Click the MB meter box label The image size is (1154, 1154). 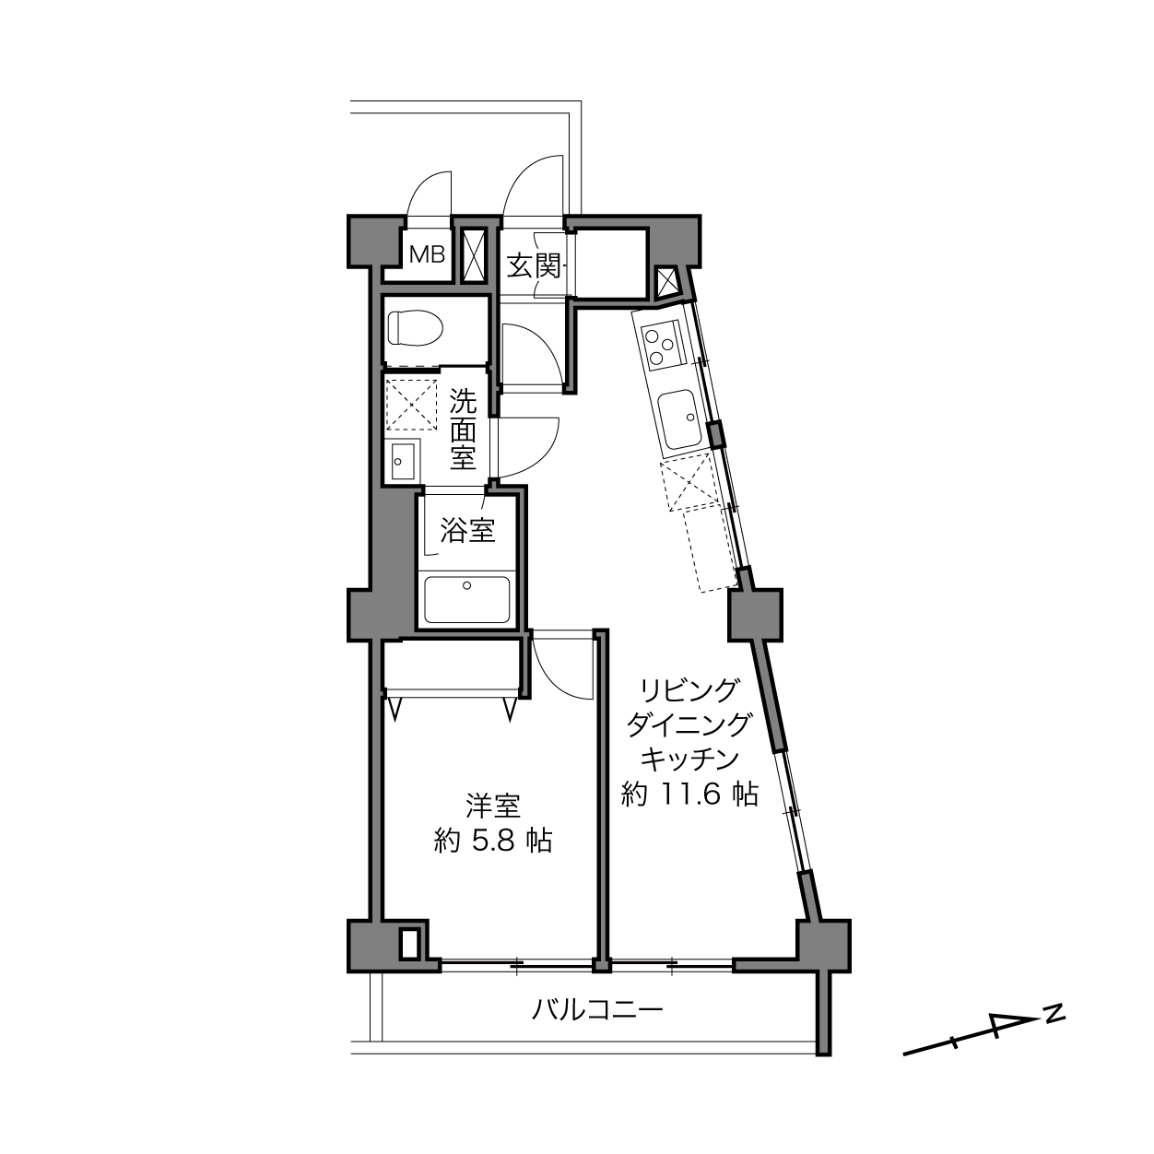pyautogui.click(x=427, y=255)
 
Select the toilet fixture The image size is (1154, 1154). pyautogui.click(x=415, y=327)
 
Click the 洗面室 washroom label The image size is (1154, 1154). pyautogui.click(x=463, y=429)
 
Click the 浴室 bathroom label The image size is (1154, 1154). pyautogui.click(x=467, y=531)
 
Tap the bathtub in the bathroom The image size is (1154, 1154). pyautogui.click(x=467, y=599)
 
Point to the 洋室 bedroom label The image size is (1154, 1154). pyautogui.click(x=493, y=807)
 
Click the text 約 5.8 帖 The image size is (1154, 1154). pyautogui.click(x=492, y=841)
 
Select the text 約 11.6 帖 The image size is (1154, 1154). pyautogui.click(x=689, y=795)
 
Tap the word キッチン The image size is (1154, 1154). pyautogui.click(x=689, y=760)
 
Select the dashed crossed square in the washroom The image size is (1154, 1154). pyautogui.click(x=412, y=404)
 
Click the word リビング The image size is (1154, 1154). pyautogui.click(x=689, y=690)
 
